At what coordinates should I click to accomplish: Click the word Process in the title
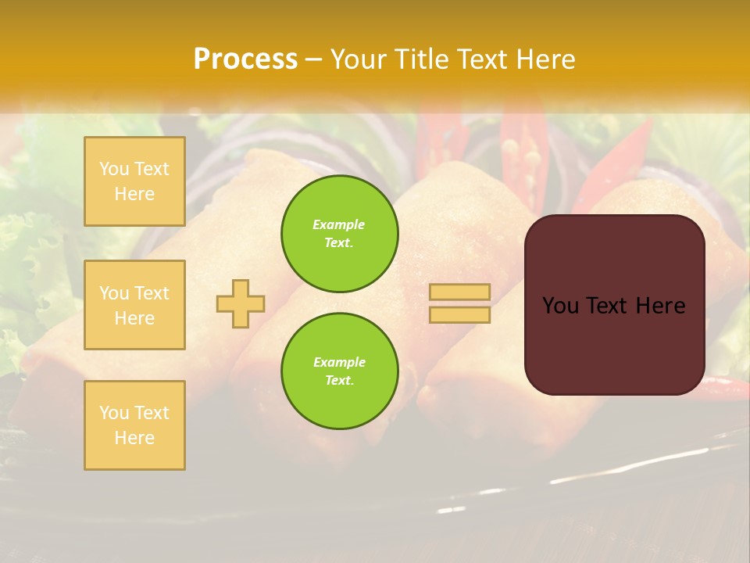[x=245, y=59]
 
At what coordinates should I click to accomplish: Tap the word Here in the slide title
[x=545, y=59]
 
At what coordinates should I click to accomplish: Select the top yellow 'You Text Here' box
[x=134, y=181]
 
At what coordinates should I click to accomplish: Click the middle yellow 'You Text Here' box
[x=134, y=305]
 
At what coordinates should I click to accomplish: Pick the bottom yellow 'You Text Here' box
[x=134, y=425]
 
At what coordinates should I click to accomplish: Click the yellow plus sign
[x=241, y=303]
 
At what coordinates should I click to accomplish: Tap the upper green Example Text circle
[x=339, y=234]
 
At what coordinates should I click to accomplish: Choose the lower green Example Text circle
[x=339, y=371]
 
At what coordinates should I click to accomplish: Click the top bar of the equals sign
[x=459, y=292]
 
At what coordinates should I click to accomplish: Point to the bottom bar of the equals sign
[x=459, y=314]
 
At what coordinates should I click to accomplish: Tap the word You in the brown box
[x=560, y=306]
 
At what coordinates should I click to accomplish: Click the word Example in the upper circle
[x=339, y=224]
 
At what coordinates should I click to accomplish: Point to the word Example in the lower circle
[x=339, y=362]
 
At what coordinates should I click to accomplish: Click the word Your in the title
[x=359, y=59]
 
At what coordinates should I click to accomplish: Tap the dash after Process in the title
[x=313, y=59]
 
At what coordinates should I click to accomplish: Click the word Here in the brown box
[x=660, y=306]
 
